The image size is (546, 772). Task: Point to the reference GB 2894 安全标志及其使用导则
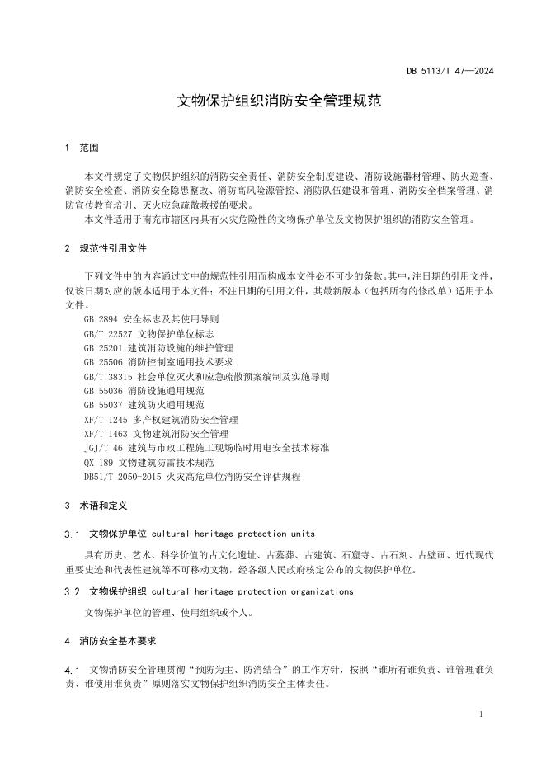[x=152, y=319]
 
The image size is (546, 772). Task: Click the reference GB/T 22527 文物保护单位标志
[x=149, y=333]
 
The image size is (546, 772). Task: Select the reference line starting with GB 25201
[x=158, y=348]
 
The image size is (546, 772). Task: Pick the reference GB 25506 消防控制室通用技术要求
[x=158, y=362]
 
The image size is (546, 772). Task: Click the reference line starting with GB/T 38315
[x=206, y=377]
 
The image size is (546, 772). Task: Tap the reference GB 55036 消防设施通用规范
[x=144, y=391]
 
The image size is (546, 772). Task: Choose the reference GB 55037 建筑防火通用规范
[x=144, y=405]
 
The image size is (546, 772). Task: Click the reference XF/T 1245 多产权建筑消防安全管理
[x=161, y=420]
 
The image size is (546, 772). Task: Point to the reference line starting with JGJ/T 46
[x=206, y=448]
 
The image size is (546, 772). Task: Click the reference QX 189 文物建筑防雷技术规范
[x=148, y=463]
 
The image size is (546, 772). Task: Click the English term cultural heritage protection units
[x=233, y=534]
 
